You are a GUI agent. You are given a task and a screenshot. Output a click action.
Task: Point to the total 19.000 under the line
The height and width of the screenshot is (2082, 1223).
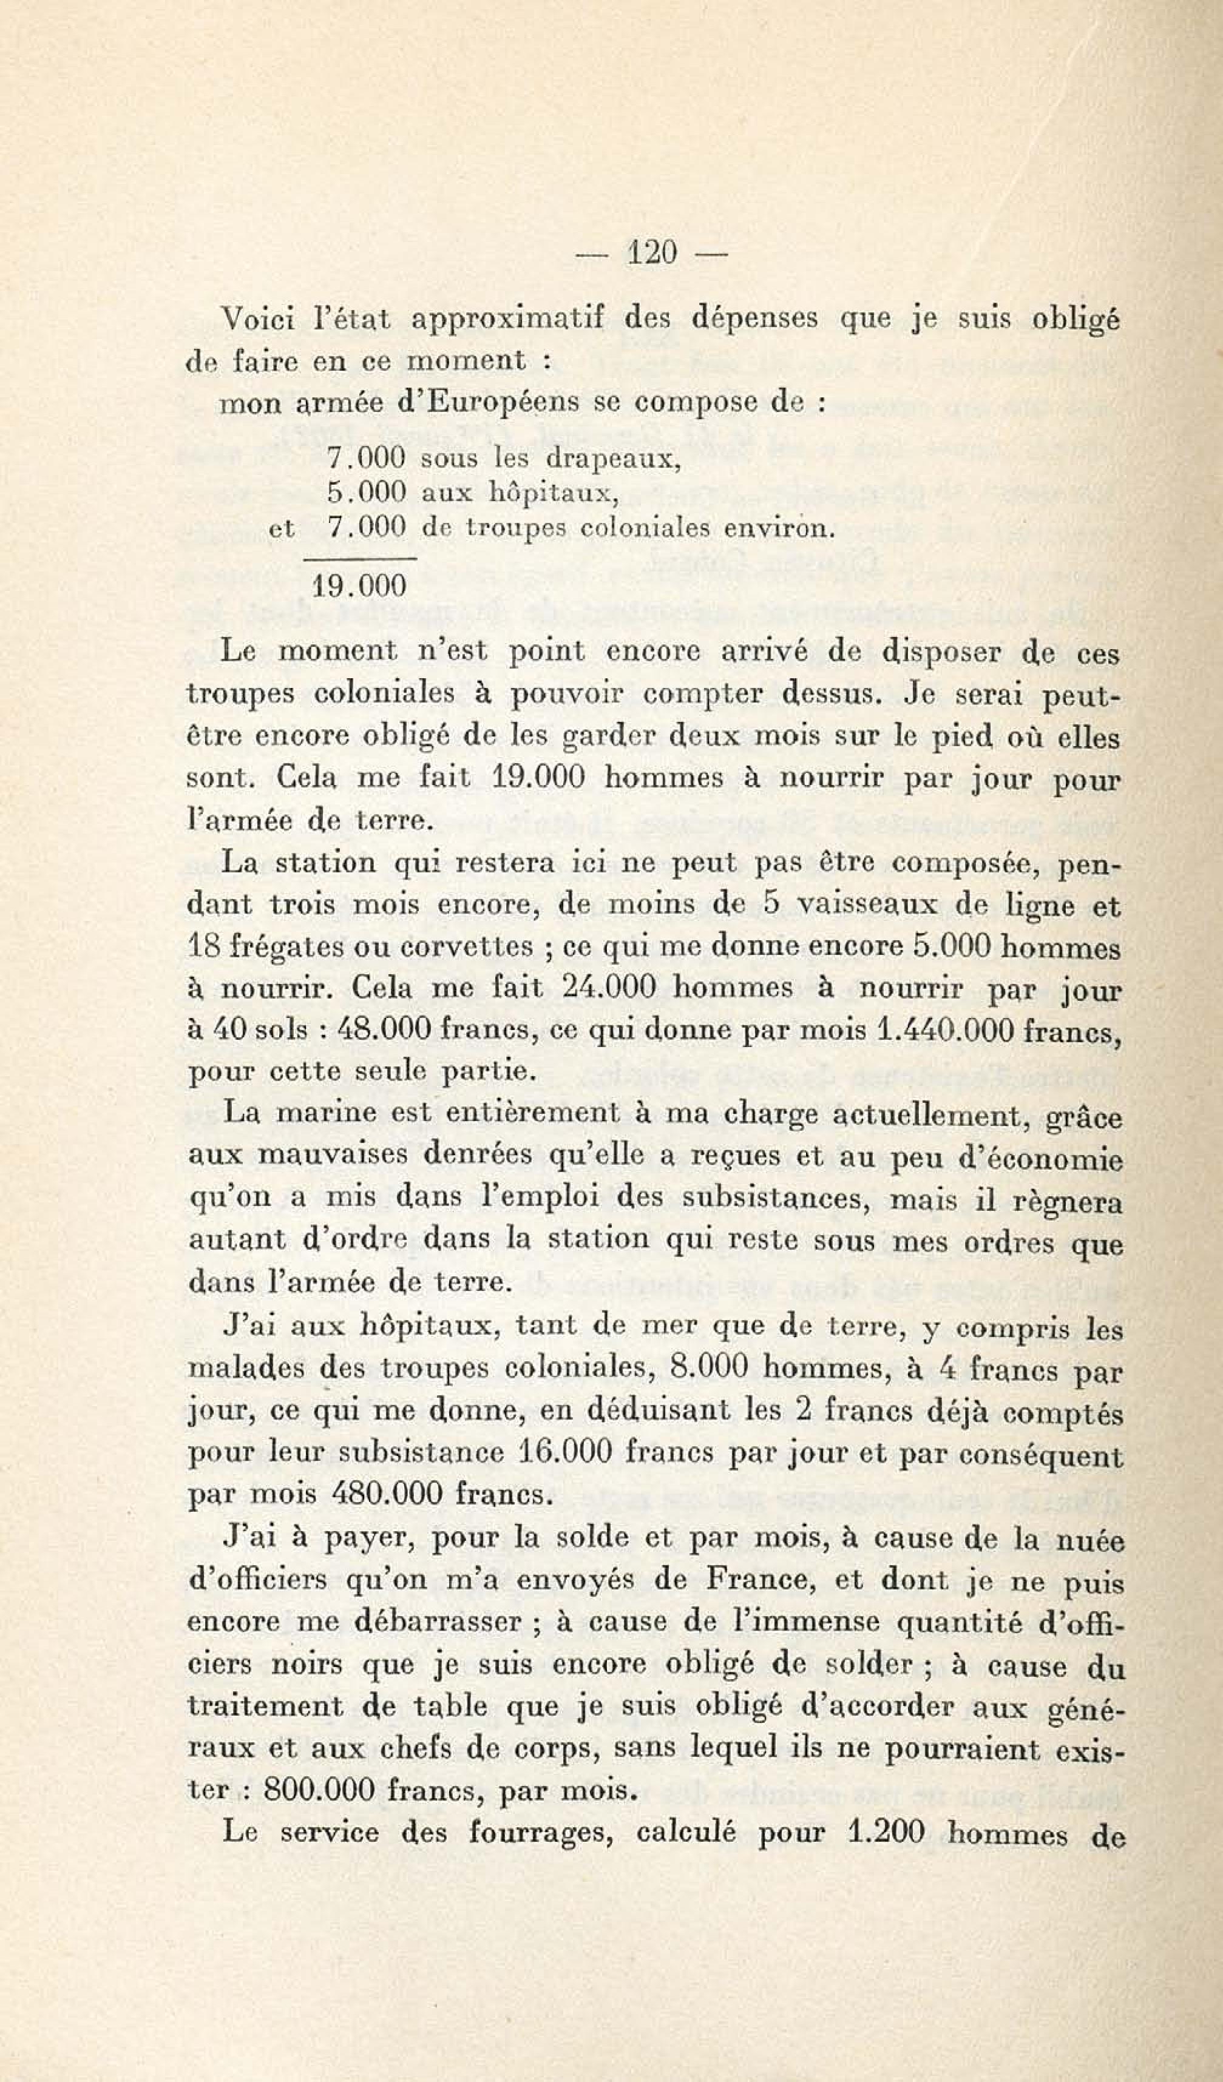pos(361,586)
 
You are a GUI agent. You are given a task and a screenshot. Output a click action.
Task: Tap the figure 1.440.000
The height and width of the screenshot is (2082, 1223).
pos(943,1031)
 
